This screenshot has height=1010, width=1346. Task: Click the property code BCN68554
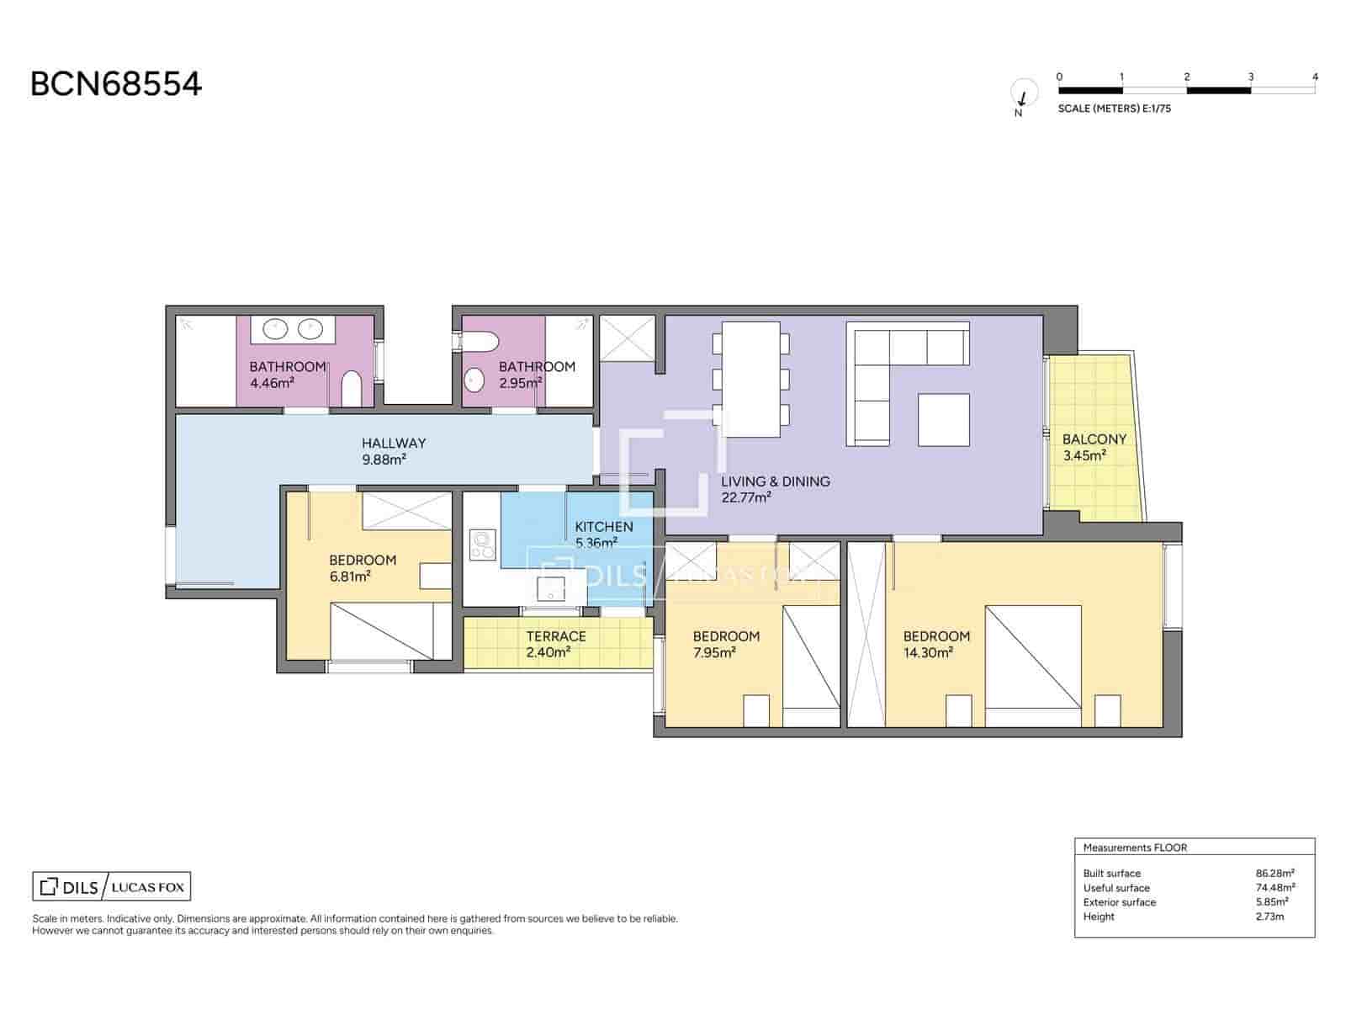[116, 84]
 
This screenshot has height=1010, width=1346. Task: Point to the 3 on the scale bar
[1251, 77]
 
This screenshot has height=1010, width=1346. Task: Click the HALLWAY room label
[394, 443]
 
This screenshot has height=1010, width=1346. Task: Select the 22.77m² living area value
[746, 497]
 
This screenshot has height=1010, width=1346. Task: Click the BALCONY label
[1094, 439]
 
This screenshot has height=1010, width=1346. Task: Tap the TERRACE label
[556, 636]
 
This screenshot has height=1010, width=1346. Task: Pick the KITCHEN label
[604, 527]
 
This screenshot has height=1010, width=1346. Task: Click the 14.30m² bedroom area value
[928, 652]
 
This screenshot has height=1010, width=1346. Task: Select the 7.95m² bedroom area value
[714, 652]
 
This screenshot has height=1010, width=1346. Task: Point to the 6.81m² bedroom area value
[350, 577]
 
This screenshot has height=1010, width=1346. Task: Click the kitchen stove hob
[484, 544]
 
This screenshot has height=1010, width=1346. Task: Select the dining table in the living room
[751, 380]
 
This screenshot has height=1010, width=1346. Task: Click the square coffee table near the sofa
[944, 419]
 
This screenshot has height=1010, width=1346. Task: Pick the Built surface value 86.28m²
[1274, 873]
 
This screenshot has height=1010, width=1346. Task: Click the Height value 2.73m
[1269, 917]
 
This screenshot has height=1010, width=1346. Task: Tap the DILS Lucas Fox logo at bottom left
[112, 886]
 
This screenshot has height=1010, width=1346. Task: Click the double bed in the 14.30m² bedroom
[1033, 656]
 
